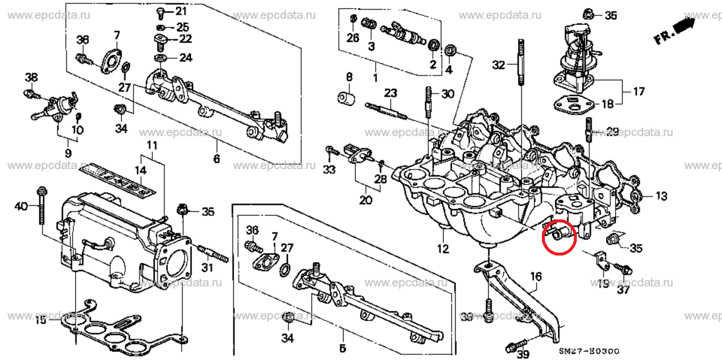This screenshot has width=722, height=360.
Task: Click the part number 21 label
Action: click(x=181, y=11)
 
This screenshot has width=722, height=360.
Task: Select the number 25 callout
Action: click(x=182, y=27)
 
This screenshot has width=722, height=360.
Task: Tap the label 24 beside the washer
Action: click(x=186, y=57)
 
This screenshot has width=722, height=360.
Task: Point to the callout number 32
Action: click(x=499, y=65)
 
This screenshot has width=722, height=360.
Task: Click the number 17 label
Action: click(x=639, y=91)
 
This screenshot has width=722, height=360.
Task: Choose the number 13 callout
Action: click(x=661, y=196)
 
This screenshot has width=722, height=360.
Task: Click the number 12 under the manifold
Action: click(x=443, y=248)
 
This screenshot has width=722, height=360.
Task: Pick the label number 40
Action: click(x=21, y=206)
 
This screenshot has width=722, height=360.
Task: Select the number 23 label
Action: click(x=391, y=93)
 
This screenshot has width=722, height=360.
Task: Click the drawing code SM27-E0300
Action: click(x=589, y=351)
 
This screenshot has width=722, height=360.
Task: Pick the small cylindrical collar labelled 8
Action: click(x=346, y=98)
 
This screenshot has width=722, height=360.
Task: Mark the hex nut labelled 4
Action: click(x=450, y=50)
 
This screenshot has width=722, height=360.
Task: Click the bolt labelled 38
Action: click(x=32, y=94)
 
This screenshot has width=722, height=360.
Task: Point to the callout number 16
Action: click(x=536, y=277)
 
